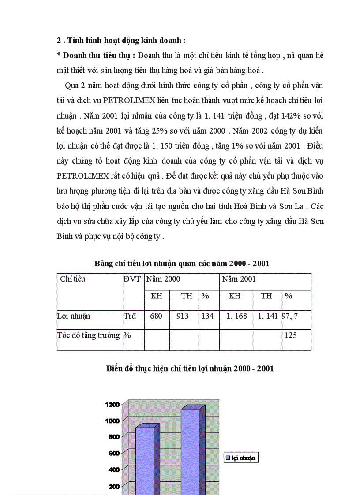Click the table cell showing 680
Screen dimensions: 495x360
point(156,316)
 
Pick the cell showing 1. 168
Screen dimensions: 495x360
point(236,316)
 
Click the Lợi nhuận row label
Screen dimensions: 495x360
point(74,316)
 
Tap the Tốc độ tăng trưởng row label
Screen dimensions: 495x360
point(89,335)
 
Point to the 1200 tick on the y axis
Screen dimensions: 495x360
point(113,404)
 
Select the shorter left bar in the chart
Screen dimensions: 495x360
point(144,458)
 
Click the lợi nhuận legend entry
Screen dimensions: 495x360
point(241,458)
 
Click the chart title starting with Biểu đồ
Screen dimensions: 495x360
point(190,368)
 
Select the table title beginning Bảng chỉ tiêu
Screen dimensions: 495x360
point(182,264)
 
